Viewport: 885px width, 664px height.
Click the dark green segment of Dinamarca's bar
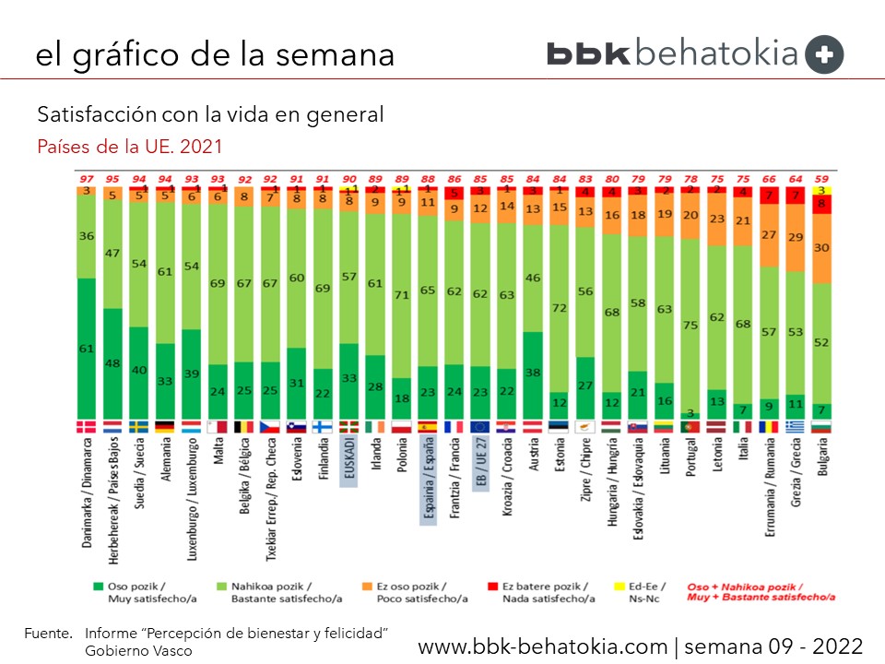coord(86,348)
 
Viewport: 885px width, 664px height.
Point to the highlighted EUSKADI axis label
coord(348,460)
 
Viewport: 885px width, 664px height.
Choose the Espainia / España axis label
coord(428,480)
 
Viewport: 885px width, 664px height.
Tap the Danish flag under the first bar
coord(86,426)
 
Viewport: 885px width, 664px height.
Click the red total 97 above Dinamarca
coord(87,178)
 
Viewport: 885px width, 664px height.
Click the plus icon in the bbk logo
coord(824,54)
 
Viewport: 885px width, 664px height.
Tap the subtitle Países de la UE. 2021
coord(129,146)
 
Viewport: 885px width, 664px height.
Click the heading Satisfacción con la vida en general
coord(210,115)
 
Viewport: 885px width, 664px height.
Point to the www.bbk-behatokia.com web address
coord(544,645)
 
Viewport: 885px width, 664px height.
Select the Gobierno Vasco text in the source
coord(138,650)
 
